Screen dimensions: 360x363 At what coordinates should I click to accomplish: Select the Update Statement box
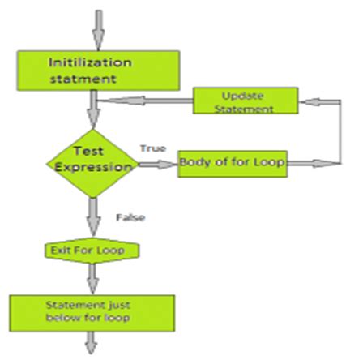tap(244, 101)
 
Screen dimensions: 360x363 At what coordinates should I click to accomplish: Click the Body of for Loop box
tap(233, 162)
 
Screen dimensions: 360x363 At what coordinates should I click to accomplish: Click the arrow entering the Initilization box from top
tap(97, 31)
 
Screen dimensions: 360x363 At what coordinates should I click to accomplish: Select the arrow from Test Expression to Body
tap(158, 164)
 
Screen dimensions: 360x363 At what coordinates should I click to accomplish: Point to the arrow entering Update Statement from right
tap(318, 102)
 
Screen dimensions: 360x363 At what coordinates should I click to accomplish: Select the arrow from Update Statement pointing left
tap(146, 102)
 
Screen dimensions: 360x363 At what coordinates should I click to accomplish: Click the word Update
tap(244, 95)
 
